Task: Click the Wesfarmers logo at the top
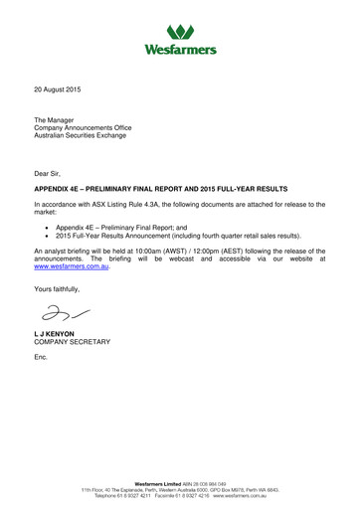point(180,31)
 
